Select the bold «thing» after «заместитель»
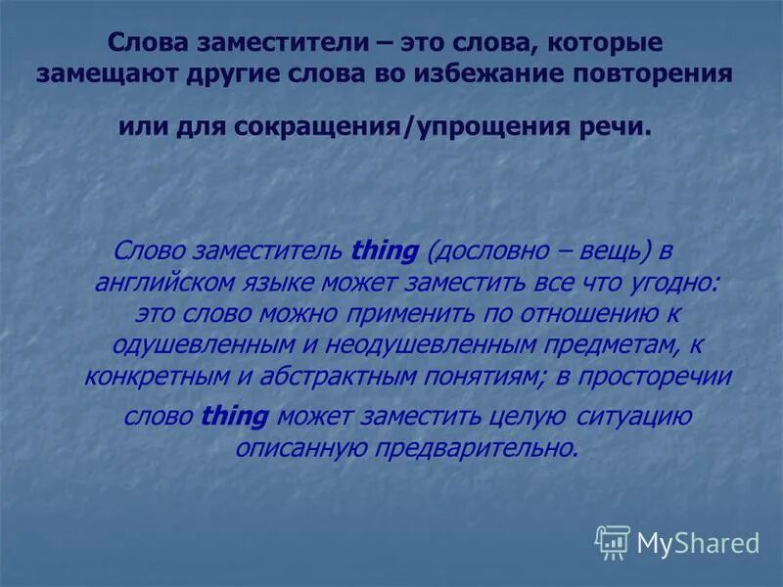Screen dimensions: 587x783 [385, 251]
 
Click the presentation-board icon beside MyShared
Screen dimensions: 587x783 [614, 542]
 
